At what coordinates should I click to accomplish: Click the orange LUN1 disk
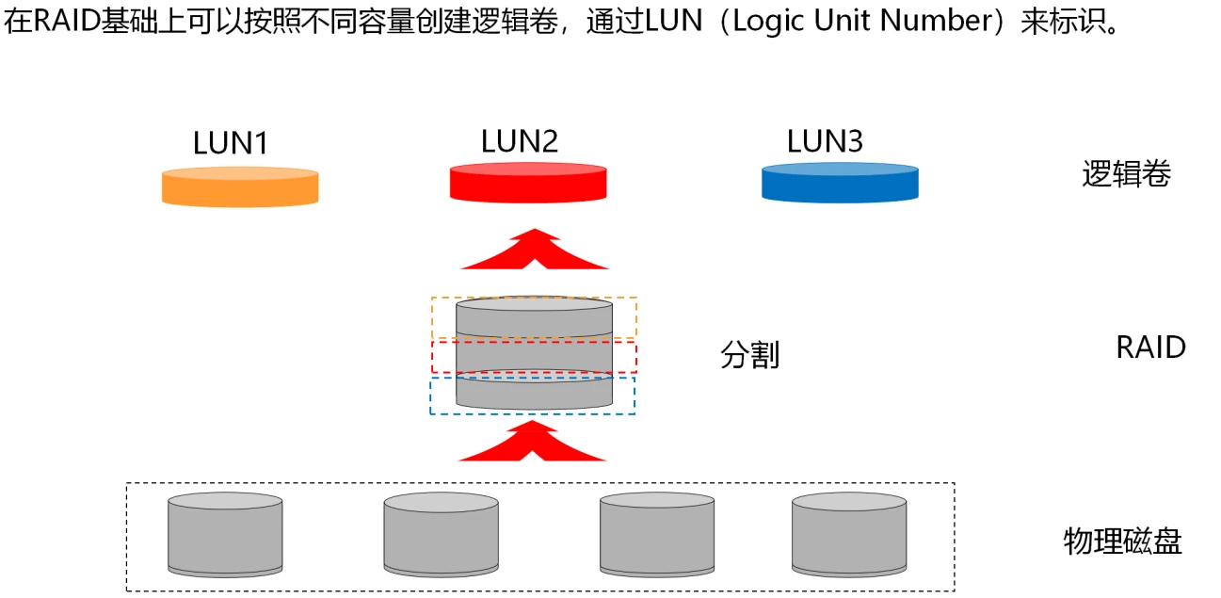pyautogui.click(x=240, y=186)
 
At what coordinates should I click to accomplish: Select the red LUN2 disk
pyautogui.click(x=528, y=183)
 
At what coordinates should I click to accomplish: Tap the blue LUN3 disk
pyautogui.click(x=840, y=183)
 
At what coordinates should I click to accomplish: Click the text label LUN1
pyautogui.click(x=231, y=143)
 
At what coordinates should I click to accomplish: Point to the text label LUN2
pyautogui.click(x=520, y=141)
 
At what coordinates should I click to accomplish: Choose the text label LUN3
pyautogui.click(x=825, y=141)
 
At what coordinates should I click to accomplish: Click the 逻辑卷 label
pyautogui.click(x=1126, y=174)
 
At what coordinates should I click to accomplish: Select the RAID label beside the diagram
pyautogui.click(x=1150, y=347)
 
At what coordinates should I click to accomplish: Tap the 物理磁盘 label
pyautogui.click(x=1122, y=541)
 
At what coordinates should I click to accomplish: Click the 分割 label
pyautogui.click(x=749, y=355)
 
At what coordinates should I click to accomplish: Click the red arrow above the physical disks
pyautogui.click(x=533, y=443)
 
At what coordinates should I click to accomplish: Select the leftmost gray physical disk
pyautogui.click(x=225, y=535)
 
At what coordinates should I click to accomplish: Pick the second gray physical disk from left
pyautogui.click(x=441, y=535)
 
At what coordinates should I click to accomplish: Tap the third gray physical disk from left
pyautogui.click(x=657, y=535)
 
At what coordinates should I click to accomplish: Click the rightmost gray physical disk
pyautogui.click(x=849, y=535)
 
